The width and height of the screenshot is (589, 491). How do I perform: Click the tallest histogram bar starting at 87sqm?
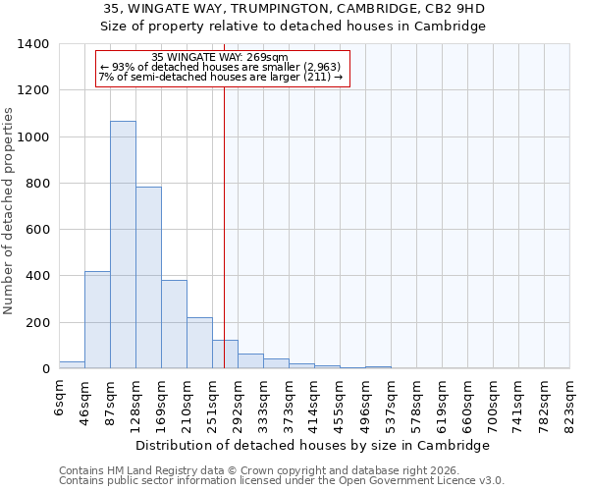point(123,245)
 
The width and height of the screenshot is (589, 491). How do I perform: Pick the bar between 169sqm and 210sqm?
point(174,324)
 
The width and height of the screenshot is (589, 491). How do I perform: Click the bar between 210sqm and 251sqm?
point(199,343)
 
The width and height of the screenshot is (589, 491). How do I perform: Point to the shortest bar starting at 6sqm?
point(72,364)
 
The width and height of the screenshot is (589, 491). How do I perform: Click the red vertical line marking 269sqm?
point(224,226)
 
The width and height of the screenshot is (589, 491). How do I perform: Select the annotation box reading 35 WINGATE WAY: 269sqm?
point(222,69)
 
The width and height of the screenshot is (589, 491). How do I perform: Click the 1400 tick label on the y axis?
point(32,44)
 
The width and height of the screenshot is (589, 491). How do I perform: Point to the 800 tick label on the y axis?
point(36,184)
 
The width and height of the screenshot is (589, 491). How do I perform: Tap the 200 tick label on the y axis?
point(36,323)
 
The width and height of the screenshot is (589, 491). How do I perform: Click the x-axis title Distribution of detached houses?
point(312,445)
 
